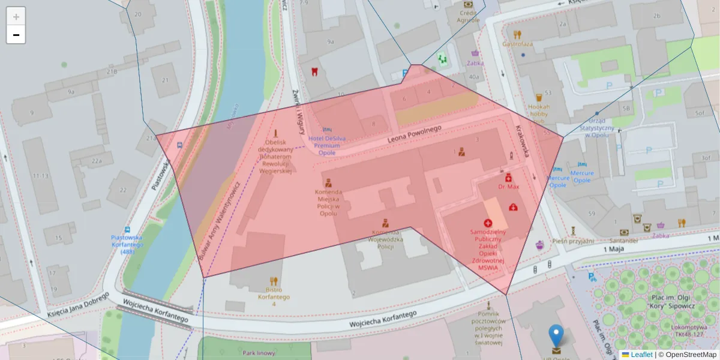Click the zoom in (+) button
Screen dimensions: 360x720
click(x=16, y=17)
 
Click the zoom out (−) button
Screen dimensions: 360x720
click(x=16, y=35)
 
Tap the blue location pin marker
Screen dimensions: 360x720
click(x=556, y=337)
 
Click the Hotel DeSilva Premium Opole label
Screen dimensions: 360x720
click(x=327, y=145)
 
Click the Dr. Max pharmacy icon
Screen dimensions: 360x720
click(x=508, y=177)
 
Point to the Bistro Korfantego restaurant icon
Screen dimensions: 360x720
click(x=274, y=280)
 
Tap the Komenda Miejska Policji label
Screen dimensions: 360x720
click(x=328, y=203)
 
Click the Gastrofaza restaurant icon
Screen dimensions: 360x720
click(x=517, y=34)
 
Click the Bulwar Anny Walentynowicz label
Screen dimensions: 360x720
click(x=218, y=221)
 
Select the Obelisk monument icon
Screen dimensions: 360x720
click(x=275, y=133)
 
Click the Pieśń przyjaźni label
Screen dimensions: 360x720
click(x=574, y=241)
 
